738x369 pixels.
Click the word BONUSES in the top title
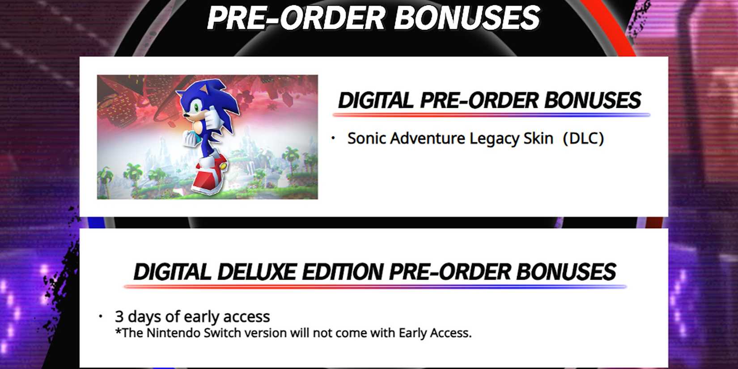467,18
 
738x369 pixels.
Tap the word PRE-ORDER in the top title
296,18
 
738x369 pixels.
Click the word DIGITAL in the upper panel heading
375,100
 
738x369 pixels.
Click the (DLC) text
583,138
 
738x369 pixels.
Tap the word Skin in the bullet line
539,138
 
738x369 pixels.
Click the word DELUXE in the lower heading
257,272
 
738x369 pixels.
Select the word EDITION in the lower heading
344,272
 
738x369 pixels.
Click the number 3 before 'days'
119,317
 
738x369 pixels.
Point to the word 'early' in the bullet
202,317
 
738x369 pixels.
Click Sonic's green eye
196,107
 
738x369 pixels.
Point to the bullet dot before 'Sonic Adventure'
333,138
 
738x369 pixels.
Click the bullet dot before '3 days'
101,317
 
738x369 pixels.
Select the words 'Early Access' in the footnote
434,333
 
